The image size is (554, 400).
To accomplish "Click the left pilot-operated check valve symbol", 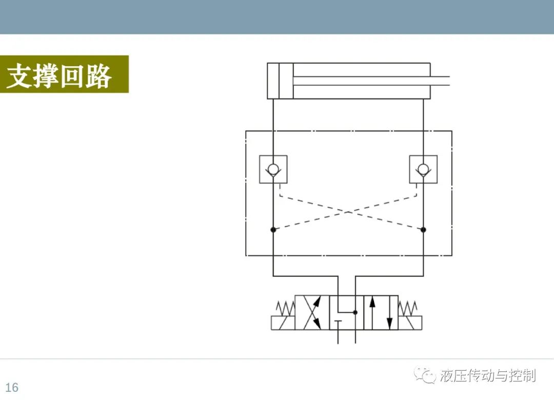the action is click(273, 169).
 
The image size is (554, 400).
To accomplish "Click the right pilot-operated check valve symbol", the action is click(423, 169).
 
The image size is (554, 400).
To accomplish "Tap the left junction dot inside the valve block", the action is click(273, 230).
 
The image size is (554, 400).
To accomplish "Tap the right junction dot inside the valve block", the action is click(423, 230).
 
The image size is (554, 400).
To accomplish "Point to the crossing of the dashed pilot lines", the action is click(348, 212).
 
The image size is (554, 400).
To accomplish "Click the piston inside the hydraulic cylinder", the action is click(286, 81).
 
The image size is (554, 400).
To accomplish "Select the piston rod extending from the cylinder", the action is click(371, 81).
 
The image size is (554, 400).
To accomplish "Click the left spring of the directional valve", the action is click(286, 309).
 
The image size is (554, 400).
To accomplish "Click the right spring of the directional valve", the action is click(408, 309).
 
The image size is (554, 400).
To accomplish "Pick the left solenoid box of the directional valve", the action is click(283, 323).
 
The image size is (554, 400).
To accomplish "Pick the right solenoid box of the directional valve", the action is click(410, 323).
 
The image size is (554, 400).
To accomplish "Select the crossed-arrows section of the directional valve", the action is click(312, 313).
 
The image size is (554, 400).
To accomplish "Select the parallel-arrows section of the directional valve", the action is click(381, 313).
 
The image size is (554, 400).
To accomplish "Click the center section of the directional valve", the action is click(347, 313).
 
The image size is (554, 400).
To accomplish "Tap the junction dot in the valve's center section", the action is click(355, 312).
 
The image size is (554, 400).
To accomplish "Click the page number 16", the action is click(12, 387).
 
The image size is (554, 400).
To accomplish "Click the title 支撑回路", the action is click(59, 75).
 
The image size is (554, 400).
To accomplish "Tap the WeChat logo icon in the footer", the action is click(425, 375).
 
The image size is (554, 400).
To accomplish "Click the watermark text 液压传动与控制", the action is click(488, 375).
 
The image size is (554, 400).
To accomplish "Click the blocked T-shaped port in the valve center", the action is click(338, 325).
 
